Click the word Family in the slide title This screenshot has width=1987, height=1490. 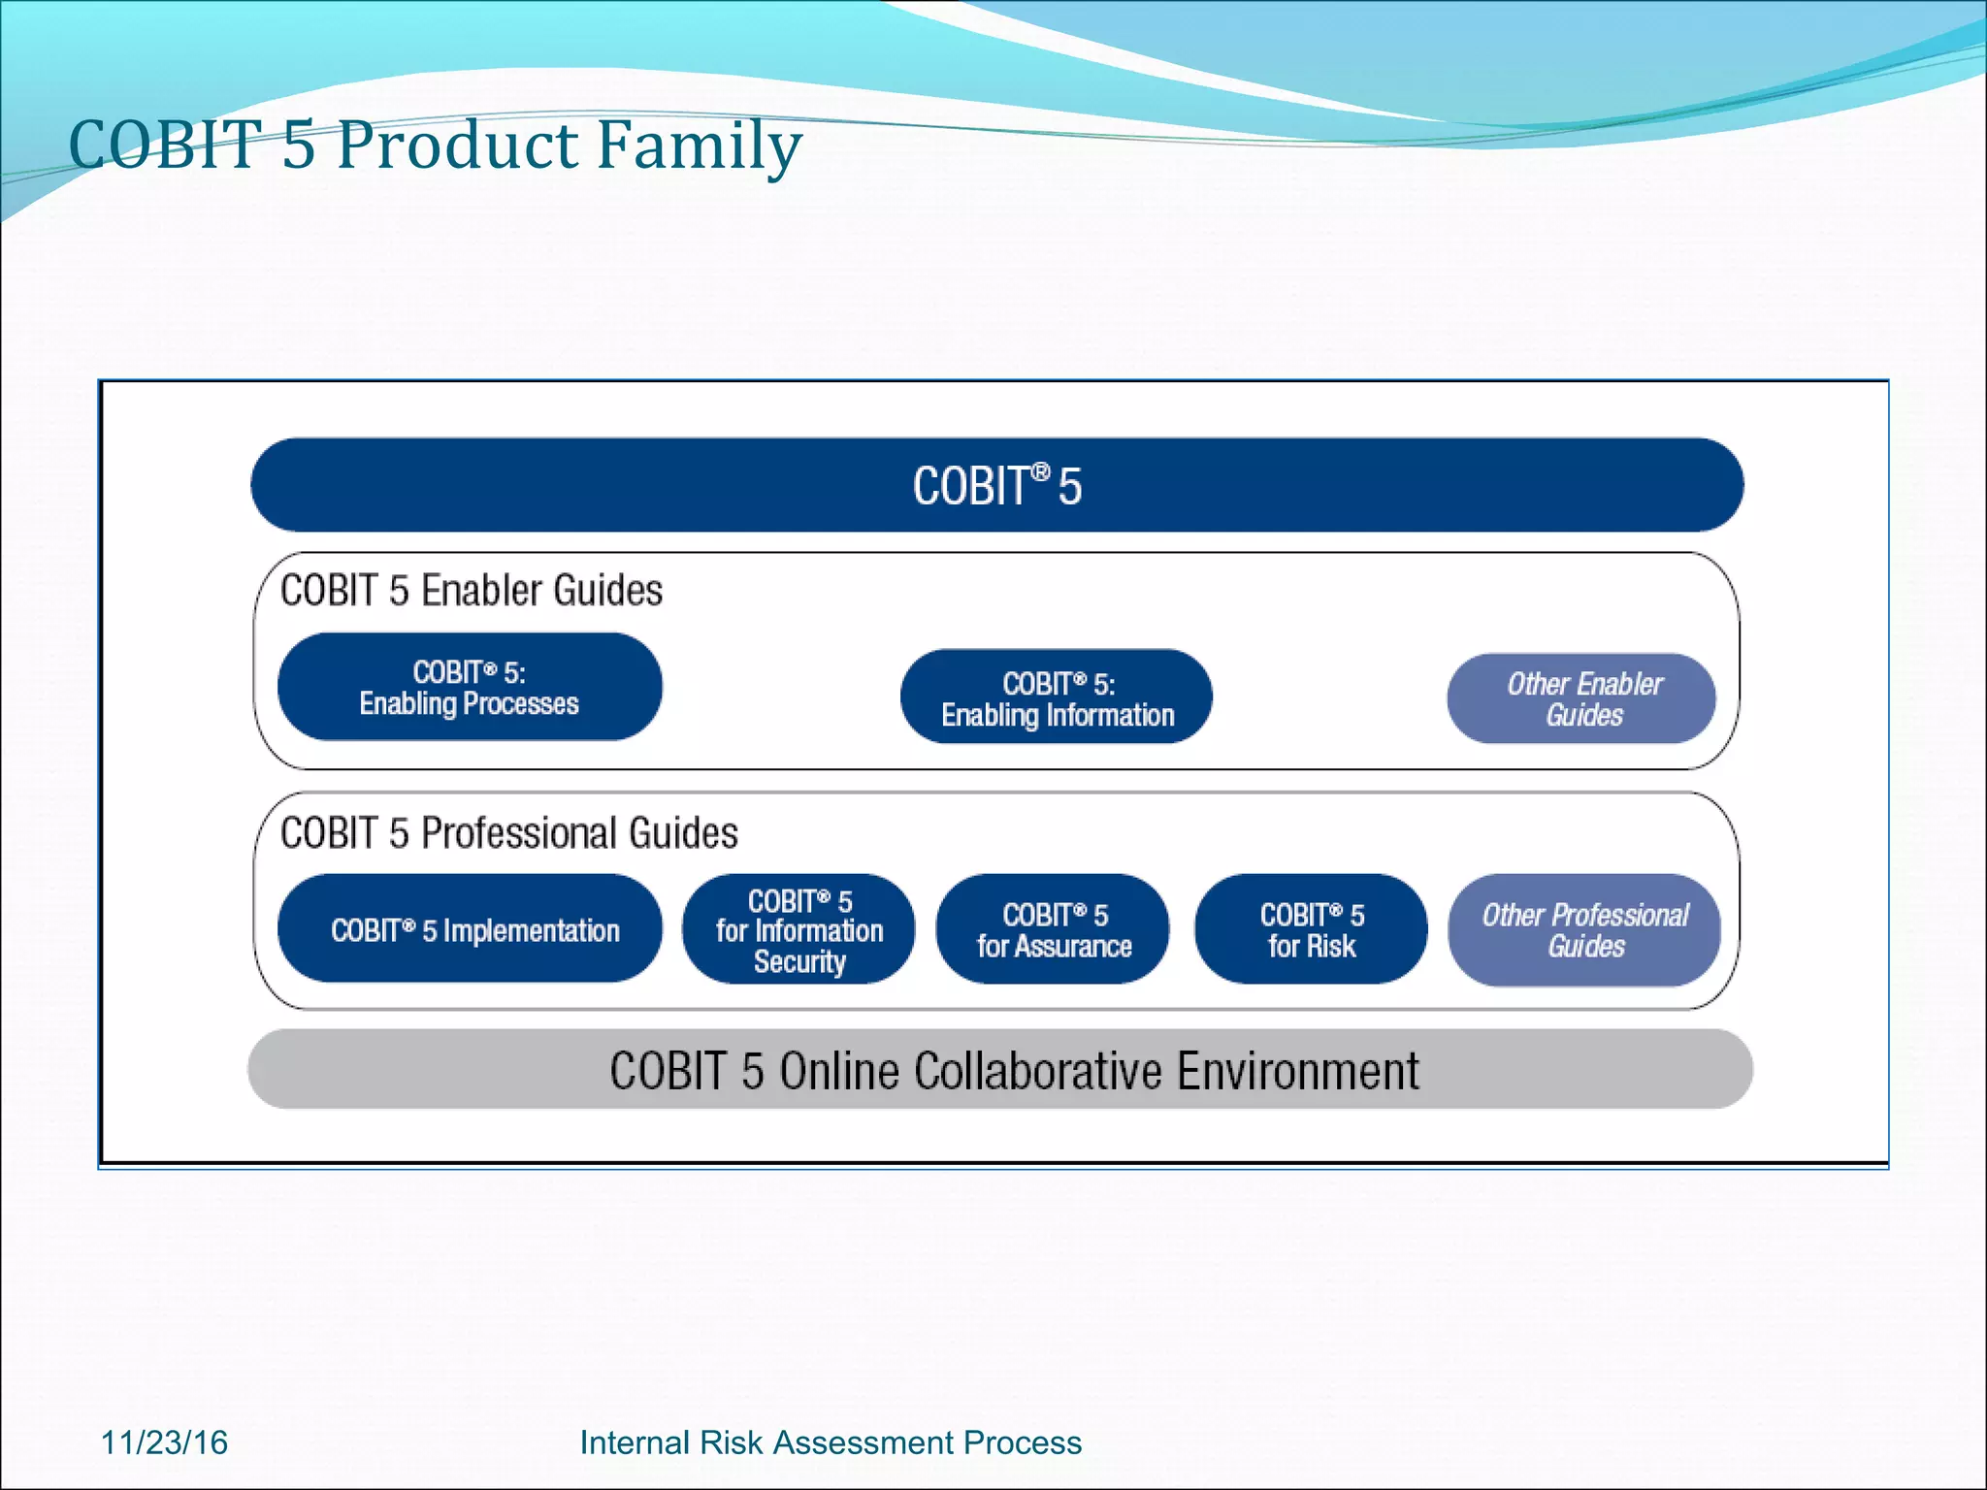coord(699,146)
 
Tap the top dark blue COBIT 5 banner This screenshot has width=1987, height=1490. coord(996,485)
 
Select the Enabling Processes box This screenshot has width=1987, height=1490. coord(470,687)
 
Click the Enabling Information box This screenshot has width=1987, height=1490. coord(1057,697)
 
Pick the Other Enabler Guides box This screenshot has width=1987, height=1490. coord(1582,698)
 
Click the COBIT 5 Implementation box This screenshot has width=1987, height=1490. coord(471,929)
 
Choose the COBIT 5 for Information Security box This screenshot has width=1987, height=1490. coord(798,929)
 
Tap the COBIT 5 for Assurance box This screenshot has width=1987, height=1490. coord(1054,929)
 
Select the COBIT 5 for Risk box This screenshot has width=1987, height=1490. coord(1311,929)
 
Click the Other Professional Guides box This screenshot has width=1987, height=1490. coord(1584,929)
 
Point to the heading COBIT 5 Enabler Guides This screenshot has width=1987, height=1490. coord(472,591)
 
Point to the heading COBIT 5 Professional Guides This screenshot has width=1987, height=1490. coord(509,833)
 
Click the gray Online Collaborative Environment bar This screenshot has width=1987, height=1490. coord(999,1070)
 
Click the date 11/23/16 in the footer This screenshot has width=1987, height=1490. coord(165,1442)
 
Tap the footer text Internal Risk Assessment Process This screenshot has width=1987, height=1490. coord(831,1442)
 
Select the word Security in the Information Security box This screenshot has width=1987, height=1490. coord(799,961)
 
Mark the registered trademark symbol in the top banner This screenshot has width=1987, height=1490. coord(1040,471)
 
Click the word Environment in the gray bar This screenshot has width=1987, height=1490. coord(1297,1071)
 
